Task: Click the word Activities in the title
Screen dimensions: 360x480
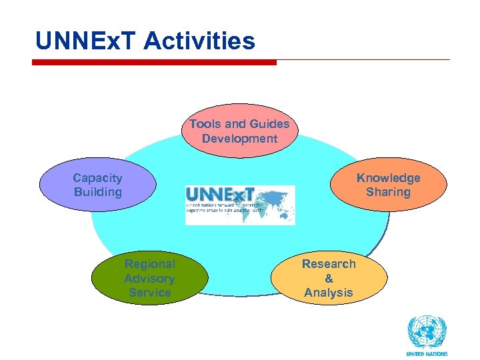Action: [x=199, y=41]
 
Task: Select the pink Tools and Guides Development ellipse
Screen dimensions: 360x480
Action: [x=239, y=131]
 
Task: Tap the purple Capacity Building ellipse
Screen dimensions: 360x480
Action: [x=97, y=185]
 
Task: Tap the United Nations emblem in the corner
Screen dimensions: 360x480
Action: [x=427, y=332]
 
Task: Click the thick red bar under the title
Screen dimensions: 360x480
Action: [x=154, y=63]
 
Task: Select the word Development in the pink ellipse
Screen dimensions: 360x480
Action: [x=239, y=139]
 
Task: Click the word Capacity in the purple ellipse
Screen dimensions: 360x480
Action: [x=97, y=178]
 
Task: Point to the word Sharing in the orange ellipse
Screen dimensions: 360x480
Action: [x=388, y=192]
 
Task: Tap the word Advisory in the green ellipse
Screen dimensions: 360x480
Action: [x=149, y=278]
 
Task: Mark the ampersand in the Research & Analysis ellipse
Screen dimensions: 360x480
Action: [x=329, y=279]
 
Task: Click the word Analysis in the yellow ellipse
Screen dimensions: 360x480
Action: [x=329, y=293]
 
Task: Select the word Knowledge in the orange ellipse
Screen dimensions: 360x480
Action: [x=388, y=178]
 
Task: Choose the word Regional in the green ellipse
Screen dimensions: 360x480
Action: [x=149, y=264]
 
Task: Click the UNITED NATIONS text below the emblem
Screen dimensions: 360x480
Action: [x=427, y=354]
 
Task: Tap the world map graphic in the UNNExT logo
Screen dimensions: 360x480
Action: [x=273, y=199]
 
